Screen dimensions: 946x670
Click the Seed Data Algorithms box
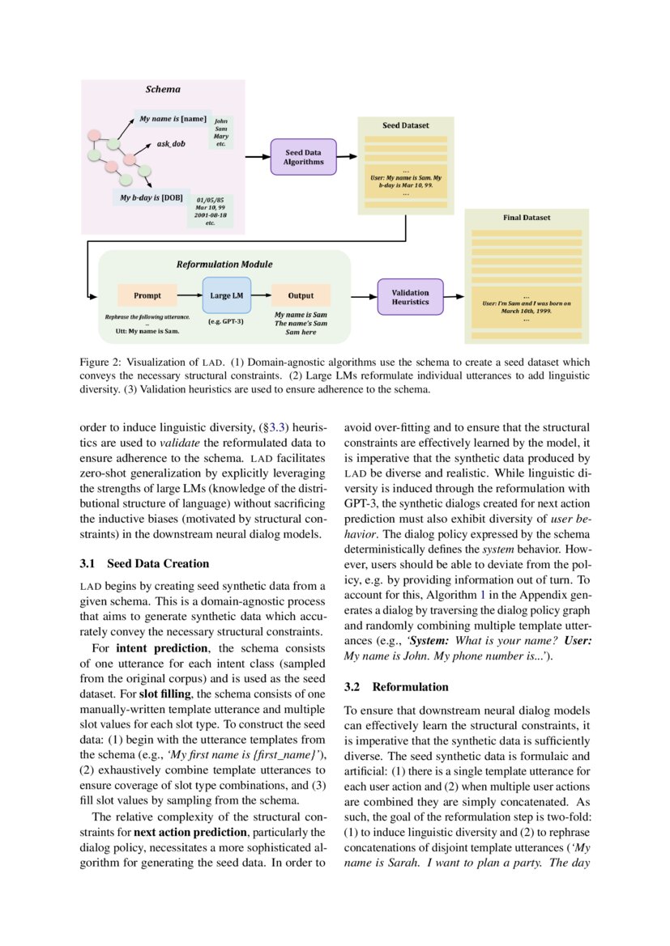pos(303,157)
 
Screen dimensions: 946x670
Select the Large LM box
pos(227,295)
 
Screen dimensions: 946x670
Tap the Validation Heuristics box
pos(410,297)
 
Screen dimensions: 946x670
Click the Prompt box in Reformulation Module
pos(147,295)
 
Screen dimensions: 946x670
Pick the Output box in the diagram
pos(301,295)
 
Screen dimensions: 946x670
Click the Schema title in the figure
pos(163,89)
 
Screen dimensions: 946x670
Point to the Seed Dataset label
pos(406,126)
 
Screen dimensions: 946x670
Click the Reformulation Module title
pos(224,264)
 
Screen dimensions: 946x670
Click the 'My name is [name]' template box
pos(173,119)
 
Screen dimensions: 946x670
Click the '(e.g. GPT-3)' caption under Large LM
pos(226,321)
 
